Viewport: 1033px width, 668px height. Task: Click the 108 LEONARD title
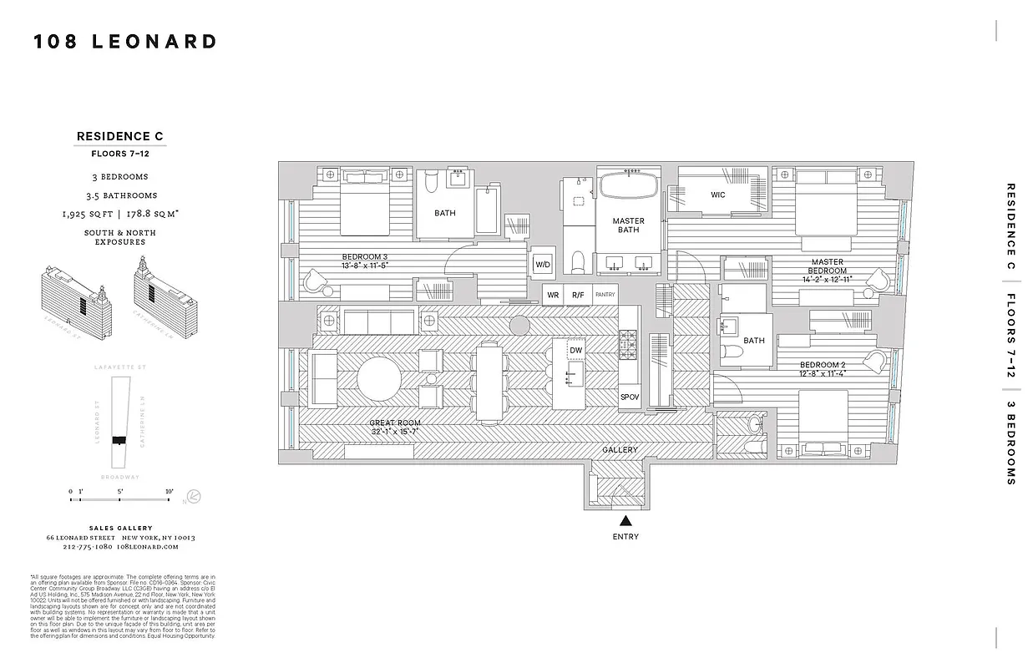coord(125,42)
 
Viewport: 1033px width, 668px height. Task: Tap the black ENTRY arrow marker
coord(625,521)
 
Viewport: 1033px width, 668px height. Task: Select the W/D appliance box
coord(543,265)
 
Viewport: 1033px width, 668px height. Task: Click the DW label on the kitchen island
coord(575,351)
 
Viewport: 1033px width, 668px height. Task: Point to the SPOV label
coord(629,397)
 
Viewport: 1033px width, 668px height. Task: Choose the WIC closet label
coord(717,195)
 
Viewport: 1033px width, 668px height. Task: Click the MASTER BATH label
coord(628,225)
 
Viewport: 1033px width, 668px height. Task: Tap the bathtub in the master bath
coord(628,186)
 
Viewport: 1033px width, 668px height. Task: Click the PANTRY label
coord(605,295)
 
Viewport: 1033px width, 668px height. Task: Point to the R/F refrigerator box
coord(577,295)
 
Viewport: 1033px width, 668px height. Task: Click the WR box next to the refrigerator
coord(552,295)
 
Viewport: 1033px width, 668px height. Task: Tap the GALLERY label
coord(620,450)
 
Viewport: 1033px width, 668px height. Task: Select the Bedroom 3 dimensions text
coord(365,266)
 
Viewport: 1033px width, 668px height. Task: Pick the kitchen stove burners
coord(628,342)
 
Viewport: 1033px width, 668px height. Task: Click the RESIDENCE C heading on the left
coord(120,136)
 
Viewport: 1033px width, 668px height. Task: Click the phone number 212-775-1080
coord(88,547)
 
